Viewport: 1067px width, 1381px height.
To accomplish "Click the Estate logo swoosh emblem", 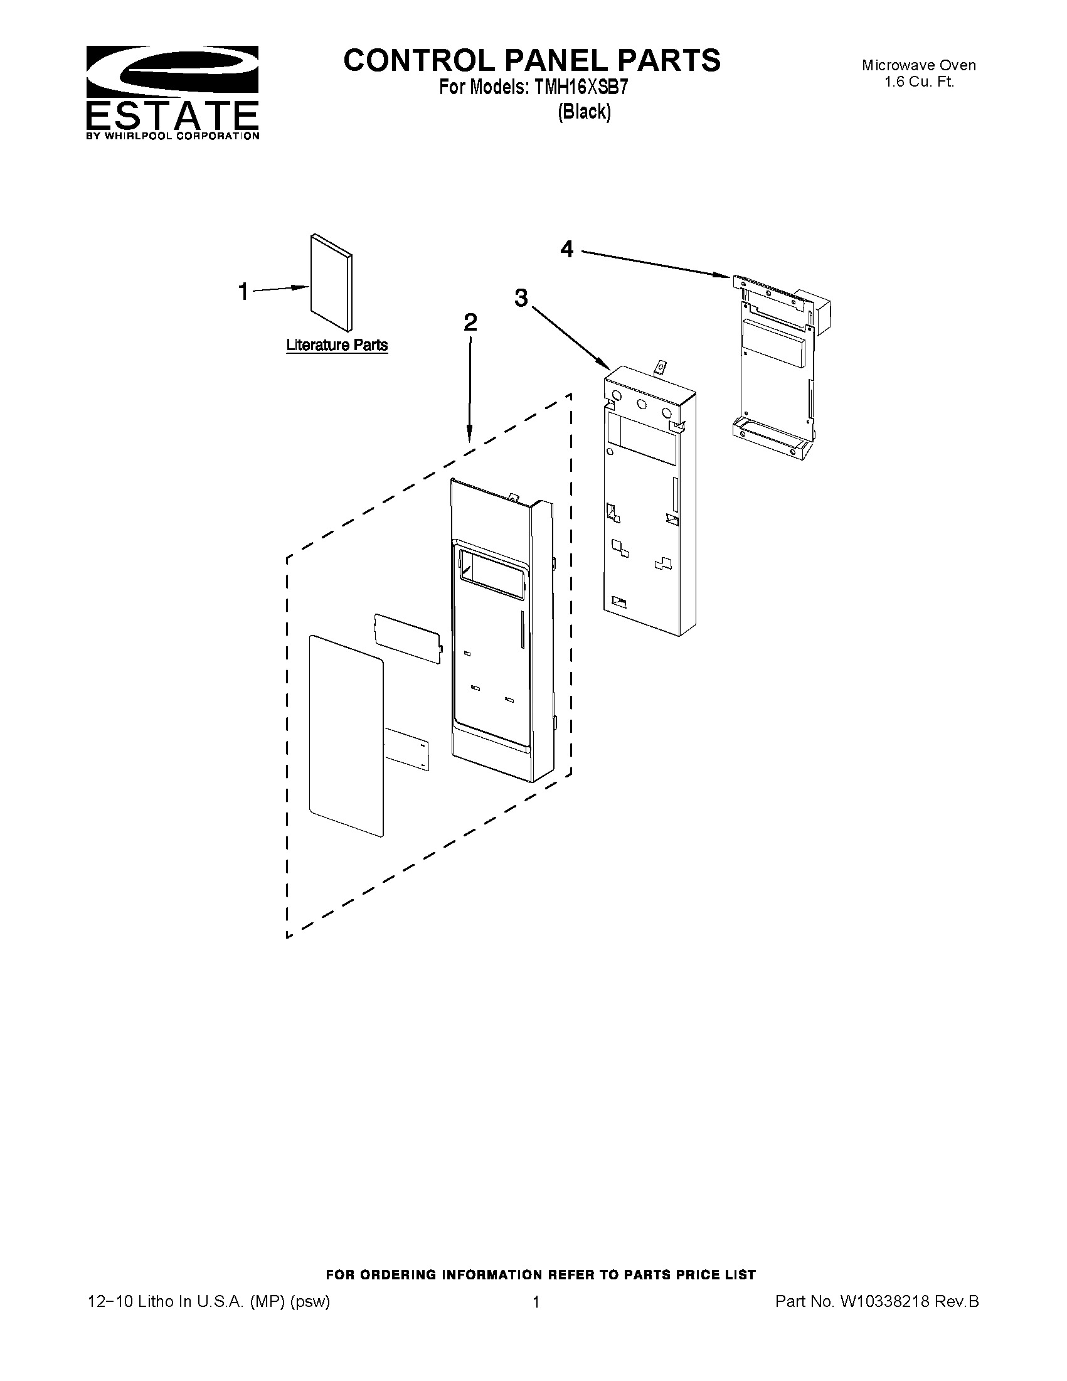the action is (x=172, y=71).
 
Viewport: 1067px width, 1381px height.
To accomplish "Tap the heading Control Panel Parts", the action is (x=531, y=61).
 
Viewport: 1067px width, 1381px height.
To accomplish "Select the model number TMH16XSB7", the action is (x=581, y=88).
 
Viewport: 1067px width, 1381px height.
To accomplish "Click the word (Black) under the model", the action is (x=584, y=112).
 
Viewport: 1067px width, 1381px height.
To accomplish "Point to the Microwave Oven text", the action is (x=918, y=65).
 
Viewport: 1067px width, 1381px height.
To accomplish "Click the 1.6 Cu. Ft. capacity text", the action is (x=918, y=82).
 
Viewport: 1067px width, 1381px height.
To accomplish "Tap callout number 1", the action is (x=243, y=292).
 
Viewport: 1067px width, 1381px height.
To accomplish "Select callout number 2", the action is (x=470, y=323).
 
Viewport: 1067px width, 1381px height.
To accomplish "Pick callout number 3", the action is (x=521, y=297).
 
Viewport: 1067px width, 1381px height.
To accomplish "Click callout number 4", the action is (x=567, y=250).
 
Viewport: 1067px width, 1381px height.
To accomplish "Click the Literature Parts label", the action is (x=336, y=345).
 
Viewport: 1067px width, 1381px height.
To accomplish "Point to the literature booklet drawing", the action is (x=331, y=282).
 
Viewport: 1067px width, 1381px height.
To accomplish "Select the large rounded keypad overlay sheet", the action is (x=346, y=737).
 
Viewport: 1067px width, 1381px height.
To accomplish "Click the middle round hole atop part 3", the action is (x=642, y=405).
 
